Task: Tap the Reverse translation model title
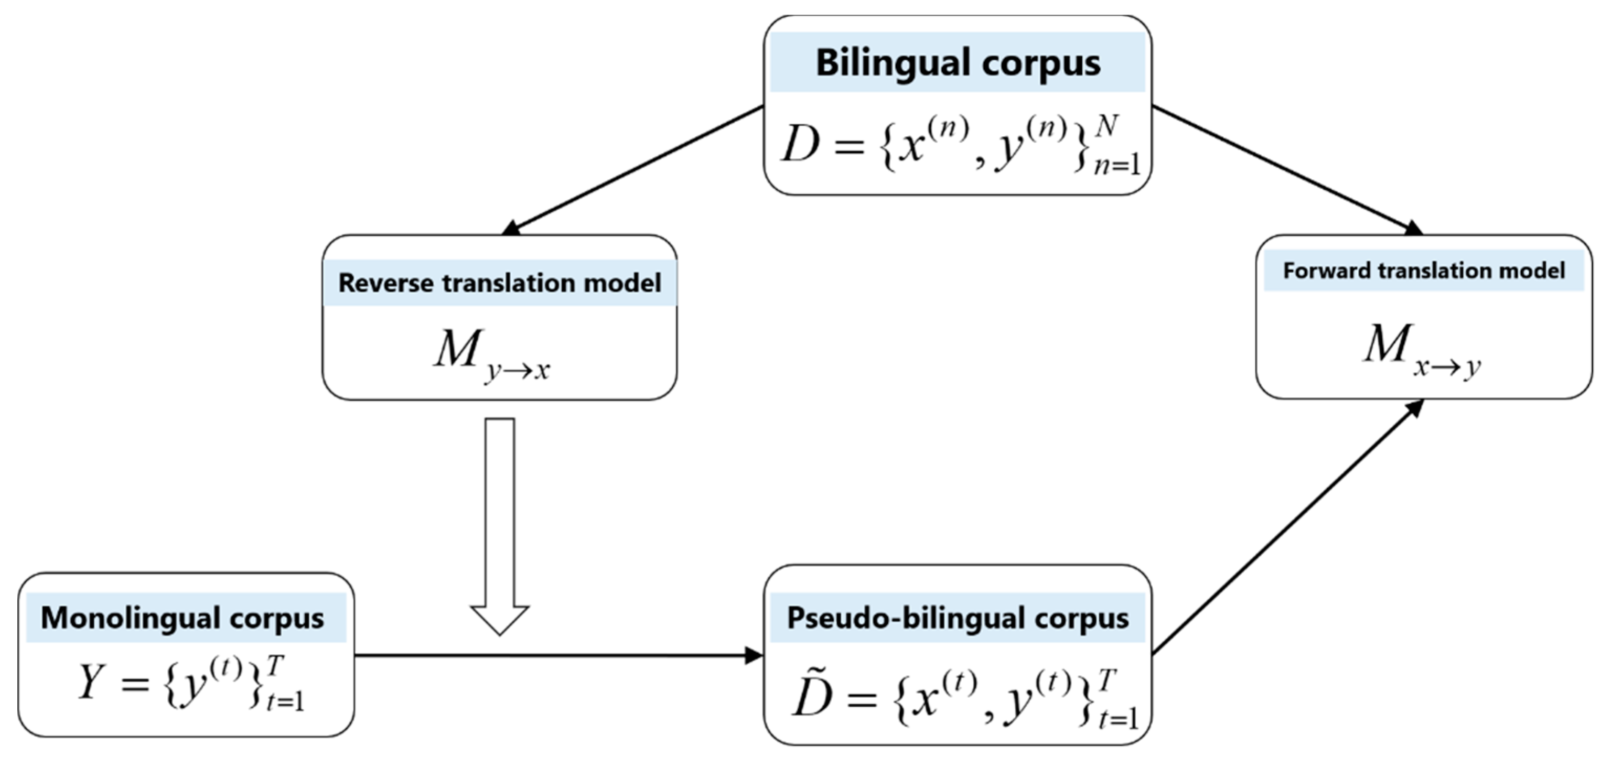pos(499,283)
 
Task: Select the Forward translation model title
pos(1424,271)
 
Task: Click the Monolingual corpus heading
pos(182,618)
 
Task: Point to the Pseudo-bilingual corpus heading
pos(958,618)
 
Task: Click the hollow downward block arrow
pos(499,525)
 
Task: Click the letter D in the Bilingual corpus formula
pos(801,144)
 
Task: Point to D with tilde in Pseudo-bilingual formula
pos(812,696)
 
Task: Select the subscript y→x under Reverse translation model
pos(518,370)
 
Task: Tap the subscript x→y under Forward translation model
pos(1447,366)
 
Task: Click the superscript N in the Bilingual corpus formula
pos(1106,126)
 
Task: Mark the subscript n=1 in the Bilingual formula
pos(1116,166)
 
